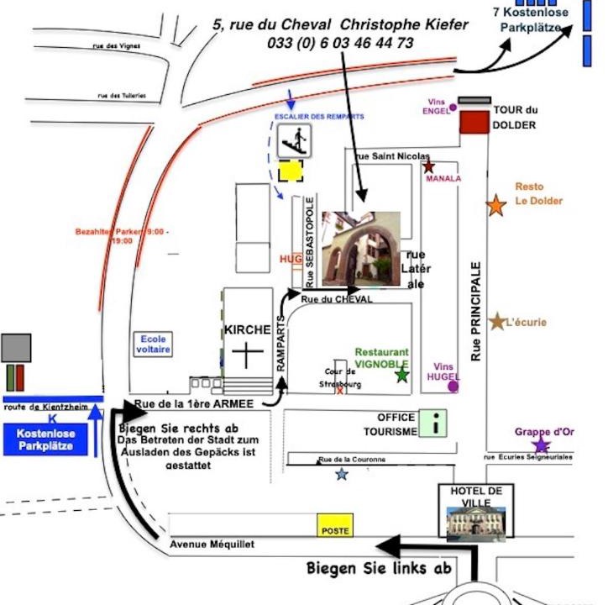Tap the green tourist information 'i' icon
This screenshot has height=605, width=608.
click(432, 423)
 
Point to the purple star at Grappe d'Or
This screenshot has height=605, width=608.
click(541, 445)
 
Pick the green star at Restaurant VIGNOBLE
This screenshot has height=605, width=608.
click(402, 376)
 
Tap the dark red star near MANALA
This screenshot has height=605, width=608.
click(429, 166)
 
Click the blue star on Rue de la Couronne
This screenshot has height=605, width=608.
click(341, 475)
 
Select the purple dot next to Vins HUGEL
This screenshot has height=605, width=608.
click(453, 387)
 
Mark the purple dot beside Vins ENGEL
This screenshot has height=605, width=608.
click(453, 107)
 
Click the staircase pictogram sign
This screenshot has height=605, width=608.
click(294, 139)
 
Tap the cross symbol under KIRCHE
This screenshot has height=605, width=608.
click(248, 355)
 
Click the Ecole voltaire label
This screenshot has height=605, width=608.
click(154, 344)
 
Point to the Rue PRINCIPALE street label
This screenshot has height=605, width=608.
click(476, 311)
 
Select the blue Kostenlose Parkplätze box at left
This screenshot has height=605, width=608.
click(52, 439)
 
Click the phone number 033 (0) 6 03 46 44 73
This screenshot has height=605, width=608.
click(340, 43)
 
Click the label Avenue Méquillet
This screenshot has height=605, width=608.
click(212, 544)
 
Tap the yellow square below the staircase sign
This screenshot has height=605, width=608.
click(291, 171)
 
